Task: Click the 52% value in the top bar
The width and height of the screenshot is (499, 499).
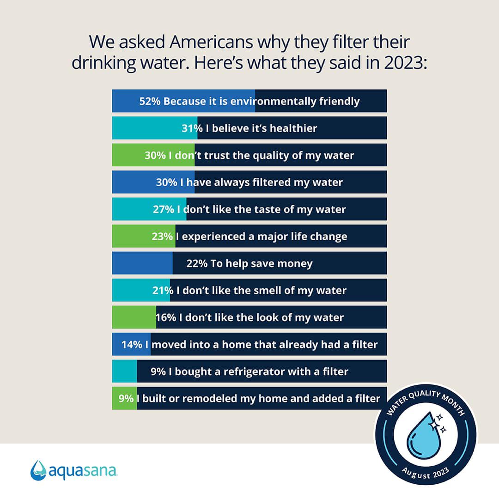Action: click(150, 101)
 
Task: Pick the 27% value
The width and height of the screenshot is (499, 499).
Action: click(163, 209)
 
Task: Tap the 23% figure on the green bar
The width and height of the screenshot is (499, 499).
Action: click(162, 237)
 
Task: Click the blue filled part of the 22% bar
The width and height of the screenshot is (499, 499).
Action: click(142, 264)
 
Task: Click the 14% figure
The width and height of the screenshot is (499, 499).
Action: click(132, 345)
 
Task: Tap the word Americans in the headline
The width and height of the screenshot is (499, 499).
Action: click(210, 42)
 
